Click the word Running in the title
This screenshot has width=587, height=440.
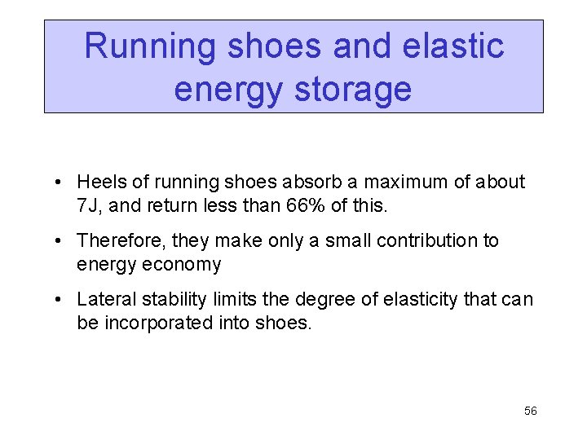tap(150, 46)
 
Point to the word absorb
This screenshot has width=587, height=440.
tap(305, 183)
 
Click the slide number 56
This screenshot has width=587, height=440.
tap(530, 411)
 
